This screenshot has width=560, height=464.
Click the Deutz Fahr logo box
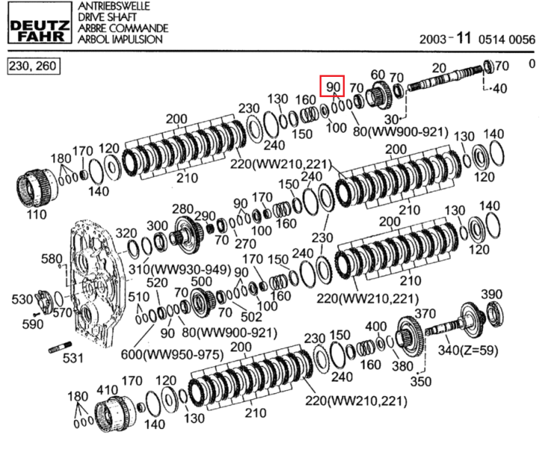click(40, 22)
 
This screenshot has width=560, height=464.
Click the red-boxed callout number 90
click(332, 87)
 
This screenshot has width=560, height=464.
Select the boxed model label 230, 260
click(34, 66)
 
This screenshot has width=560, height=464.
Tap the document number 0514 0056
click(507, 40)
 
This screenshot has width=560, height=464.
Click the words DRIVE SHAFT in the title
click(107, 17)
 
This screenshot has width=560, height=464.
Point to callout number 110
click(37, 215)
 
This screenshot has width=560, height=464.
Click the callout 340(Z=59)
click(468, 350)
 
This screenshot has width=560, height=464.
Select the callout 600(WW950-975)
click(172, 355)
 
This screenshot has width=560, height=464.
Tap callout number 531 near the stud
click(73, 358)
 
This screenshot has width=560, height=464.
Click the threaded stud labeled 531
click(60, 348)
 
